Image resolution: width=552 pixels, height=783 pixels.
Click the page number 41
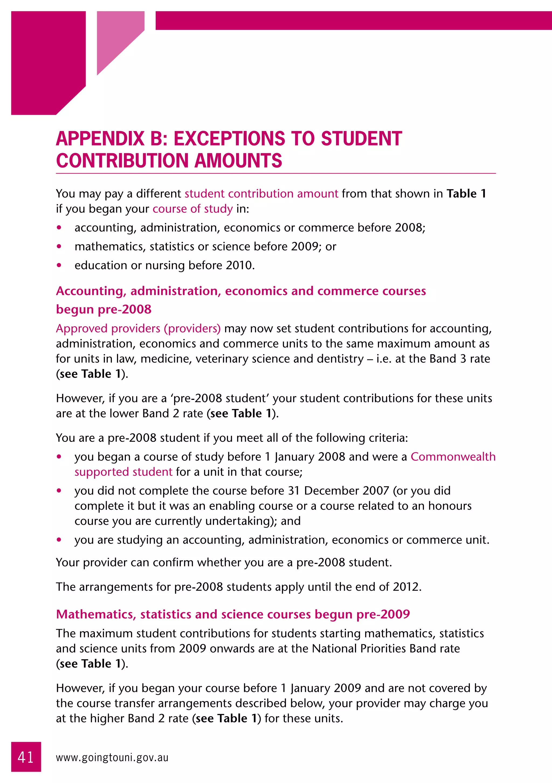(26, 757)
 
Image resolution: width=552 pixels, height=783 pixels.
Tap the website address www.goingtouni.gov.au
(112, 757)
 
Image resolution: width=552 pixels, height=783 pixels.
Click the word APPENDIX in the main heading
(100, 139)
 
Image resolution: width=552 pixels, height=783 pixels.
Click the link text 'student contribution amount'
(261, 194)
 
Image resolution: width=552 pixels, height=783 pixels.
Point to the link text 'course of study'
(192, 209)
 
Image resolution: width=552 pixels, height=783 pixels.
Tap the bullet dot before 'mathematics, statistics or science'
(59, 246)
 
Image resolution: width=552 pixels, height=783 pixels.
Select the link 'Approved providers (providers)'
(138, 328)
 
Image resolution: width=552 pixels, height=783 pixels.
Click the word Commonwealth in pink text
(453, 457)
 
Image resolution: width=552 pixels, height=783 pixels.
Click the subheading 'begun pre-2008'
(104, 309)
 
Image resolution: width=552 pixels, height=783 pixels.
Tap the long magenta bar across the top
(353, 20)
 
